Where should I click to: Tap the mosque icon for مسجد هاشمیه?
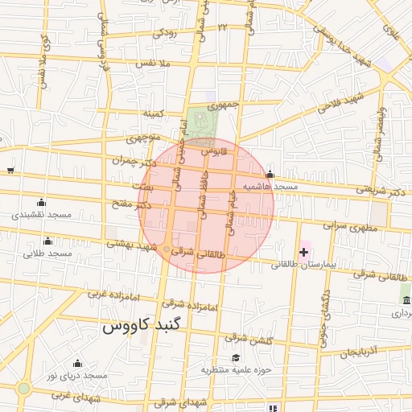coord(270,175)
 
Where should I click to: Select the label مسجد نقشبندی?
coord(43,216)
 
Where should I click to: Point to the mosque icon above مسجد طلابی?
coord(47,241)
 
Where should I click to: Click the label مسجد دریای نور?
coord(76,376)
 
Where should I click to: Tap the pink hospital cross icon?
coord(303,252)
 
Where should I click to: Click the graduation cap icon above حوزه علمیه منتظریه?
coord(236,358)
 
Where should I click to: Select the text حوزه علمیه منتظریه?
coord(236,370)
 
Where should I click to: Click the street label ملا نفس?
coord(153,63)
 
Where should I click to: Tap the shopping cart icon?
coord(10,169)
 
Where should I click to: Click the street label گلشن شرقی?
coord(249,337)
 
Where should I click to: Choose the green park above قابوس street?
coord(204,122)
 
